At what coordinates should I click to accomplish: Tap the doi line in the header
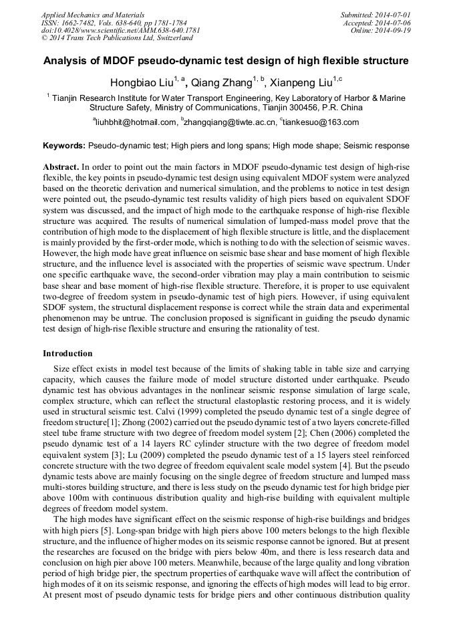coord(120,31)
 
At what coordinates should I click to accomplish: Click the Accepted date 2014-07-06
coord(394,23)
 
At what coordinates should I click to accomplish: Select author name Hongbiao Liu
coord(140,83)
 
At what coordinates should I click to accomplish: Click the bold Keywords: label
coord(64,145)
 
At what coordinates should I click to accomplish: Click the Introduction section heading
coord(67,353)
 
